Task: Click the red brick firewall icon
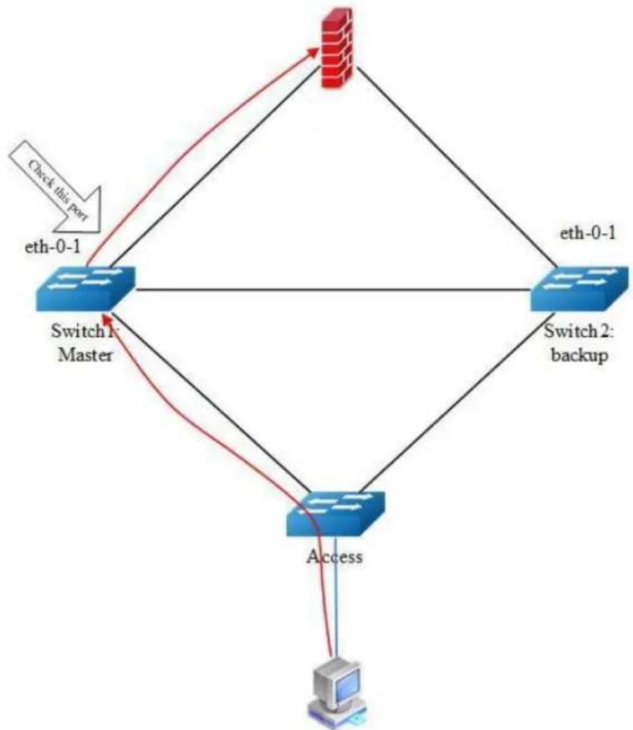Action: (x=337, y=48)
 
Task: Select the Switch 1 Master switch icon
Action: (x=85, y=288)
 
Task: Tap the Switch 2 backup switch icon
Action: (x=581, y=288)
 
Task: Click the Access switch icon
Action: (x=336, y=514)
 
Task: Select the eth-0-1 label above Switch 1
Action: (x=52, y=247)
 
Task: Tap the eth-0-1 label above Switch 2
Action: (x=587, y=232)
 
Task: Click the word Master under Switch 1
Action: (x=85, y=355)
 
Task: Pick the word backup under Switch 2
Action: (x=580, y=355)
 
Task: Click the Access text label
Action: (x=334, y=557)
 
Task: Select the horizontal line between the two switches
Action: (x=334, y=289)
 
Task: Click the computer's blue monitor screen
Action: (x=347, y=684)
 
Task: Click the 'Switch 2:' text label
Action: (x=579, y=332)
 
